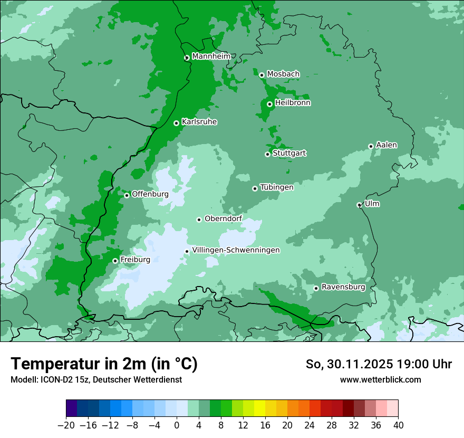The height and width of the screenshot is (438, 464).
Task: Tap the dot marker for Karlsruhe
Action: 176,123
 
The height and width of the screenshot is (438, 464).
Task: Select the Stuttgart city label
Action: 289,153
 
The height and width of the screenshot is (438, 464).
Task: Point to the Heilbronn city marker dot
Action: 269,104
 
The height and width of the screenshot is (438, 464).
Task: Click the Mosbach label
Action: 283,74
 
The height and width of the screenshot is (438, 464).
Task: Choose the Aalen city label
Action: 386,145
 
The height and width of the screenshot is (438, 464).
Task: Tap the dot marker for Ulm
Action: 359,205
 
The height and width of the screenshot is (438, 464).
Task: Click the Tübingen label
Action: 276,187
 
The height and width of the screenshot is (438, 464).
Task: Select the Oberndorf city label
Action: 223,218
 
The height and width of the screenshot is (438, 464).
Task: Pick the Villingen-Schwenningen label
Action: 236,250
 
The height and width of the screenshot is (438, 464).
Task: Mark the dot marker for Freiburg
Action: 115,261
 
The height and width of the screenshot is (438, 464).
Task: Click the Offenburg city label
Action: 150,194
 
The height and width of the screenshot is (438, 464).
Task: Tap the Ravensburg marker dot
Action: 316,288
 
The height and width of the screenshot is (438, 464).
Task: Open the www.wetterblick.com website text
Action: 380,379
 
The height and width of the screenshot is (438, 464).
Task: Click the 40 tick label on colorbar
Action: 398,425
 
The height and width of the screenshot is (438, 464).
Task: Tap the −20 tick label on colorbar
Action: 66,425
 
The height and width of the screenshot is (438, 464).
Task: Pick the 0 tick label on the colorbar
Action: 177,425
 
